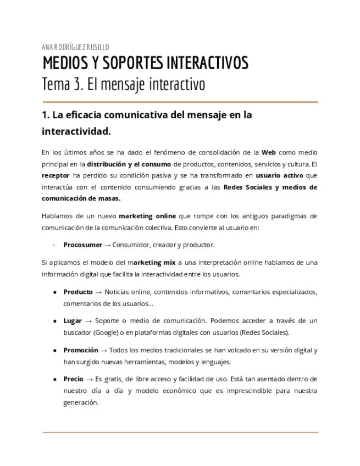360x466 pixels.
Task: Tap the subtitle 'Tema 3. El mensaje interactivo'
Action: pyautogui.click(x=123, y=85)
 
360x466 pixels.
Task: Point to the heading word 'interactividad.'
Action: pyautogui.click(x=76, y=132)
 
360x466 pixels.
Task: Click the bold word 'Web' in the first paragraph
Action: pyautogui.click(x=269, y=152)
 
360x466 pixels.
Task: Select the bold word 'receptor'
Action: pyautogui.click(x=56, y=175)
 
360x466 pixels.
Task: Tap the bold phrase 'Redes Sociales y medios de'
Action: pyautogui.click(x=270, y=187)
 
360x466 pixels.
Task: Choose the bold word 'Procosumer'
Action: pyautogui.click(x=82, y=245)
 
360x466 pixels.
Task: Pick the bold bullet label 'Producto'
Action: pyautogui.click(x=78, y=292)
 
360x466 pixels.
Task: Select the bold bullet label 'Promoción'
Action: pyautogui.click(x=81, y=350)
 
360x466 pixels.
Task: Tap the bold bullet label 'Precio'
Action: pyautogui.click(x=74, y=379)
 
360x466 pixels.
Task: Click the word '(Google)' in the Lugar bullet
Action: pyautogui.click(x=104, y=332)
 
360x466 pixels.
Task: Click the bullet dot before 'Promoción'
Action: pyautogui.click(x=56, y=350)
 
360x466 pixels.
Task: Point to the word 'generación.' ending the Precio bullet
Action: pyautogui.click(x=81, y=402)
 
